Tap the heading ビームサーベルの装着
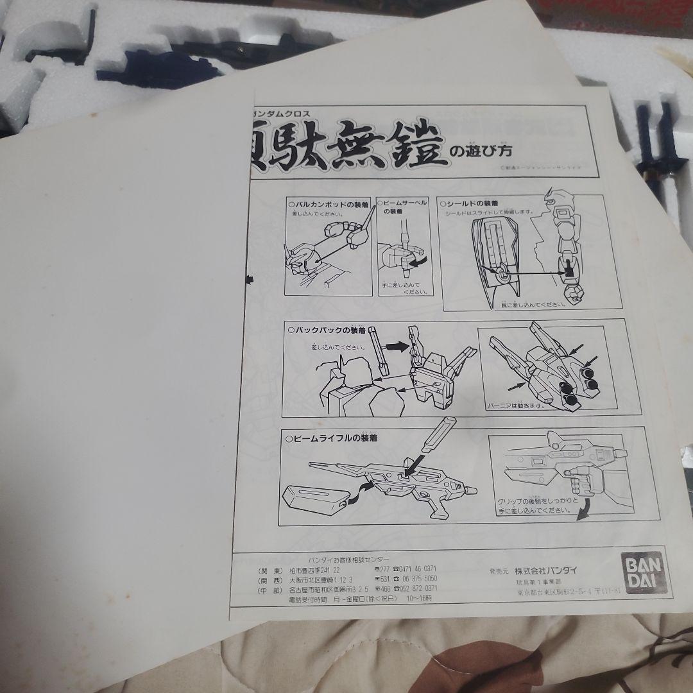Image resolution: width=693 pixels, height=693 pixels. (x=406, y=205)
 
